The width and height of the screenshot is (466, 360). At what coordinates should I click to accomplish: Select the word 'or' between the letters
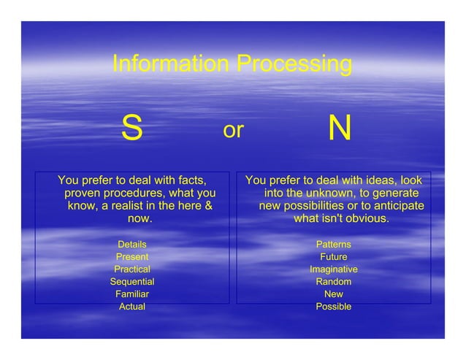(233, 130)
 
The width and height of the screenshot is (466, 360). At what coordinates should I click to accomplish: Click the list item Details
(132, 245)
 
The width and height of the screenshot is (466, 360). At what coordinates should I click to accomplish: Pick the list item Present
(132, 257)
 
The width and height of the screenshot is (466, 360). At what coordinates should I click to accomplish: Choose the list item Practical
(132, 269)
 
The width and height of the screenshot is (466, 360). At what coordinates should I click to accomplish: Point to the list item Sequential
(132, 282)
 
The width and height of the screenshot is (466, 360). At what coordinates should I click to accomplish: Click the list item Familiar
(132, 294)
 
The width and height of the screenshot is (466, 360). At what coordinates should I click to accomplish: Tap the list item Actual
(132, 307)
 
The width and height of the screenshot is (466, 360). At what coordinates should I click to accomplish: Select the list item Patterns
(333, 245)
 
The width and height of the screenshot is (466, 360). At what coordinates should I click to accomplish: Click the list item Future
(333, 257)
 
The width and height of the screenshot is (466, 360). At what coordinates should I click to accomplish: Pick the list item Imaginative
(333, 269)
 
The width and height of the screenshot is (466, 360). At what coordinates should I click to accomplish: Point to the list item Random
(333, 282)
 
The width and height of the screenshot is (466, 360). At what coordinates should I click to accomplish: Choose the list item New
(333, 294)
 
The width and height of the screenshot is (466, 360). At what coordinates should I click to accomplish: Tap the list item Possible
(333, 307)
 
